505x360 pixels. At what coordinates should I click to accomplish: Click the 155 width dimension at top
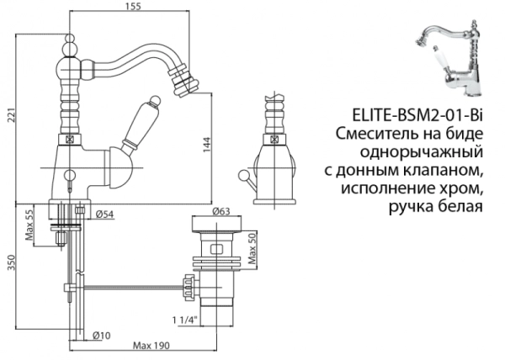coord(131,7)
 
